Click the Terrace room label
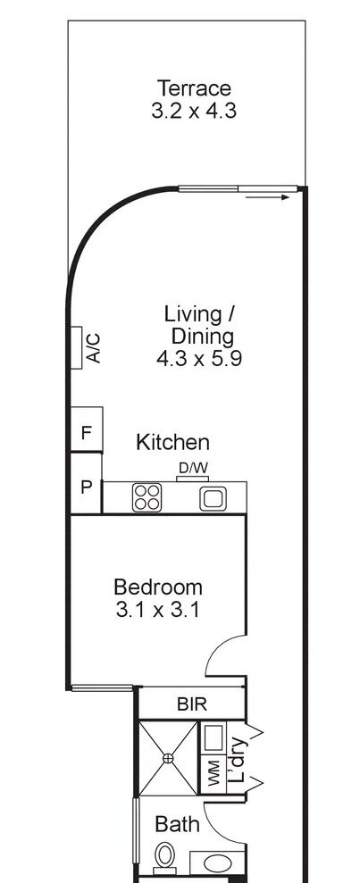tap(194, 88)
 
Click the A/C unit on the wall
tap(86, 348)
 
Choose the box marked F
tap(87, 433)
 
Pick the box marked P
tap(87, 487)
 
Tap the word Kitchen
tap(172, 442)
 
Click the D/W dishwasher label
tap(193, 468)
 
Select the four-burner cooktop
tap(146, 497)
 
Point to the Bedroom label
tap(158, 587)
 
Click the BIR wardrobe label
tap(191, 704)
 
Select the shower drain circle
tap(167, 758)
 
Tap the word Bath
tap(177, 823)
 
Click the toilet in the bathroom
tap(164, 861)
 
